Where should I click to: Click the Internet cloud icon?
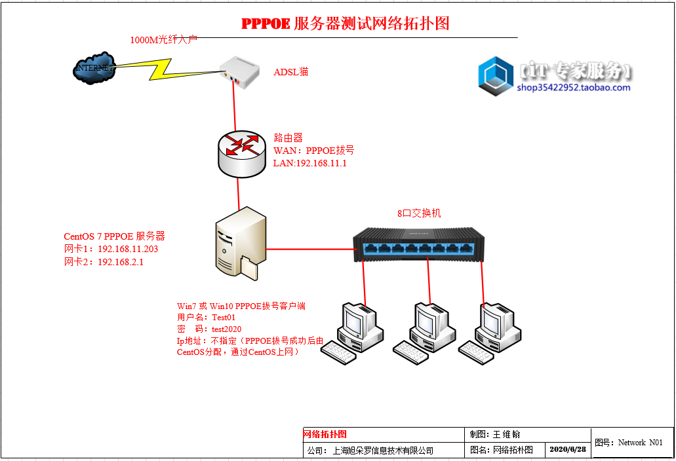click(x=94, y=67)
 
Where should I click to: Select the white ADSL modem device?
click(x=241, y=71)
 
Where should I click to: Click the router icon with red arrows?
click(x=239, y=153)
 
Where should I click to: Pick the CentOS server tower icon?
click(x=240, y=243)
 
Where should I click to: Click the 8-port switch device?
click(x=420, y=244)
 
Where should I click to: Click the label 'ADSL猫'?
click(x=290, y=72)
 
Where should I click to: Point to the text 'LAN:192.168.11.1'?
click(x=309, y=163)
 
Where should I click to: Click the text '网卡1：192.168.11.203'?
click(x=111, y=249)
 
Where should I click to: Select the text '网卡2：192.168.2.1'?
click(x=103, y=262)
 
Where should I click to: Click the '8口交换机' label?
click(x=419, y=213)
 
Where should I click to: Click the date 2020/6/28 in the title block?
click(x=567, y=450)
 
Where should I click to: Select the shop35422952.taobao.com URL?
click(x=573, y=88)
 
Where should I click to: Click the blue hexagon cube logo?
click(x=496, y=76)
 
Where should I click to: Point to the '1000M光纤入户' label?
click(x=163, y=40)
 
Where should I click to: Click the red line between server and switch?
click(x=309, y=249)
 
